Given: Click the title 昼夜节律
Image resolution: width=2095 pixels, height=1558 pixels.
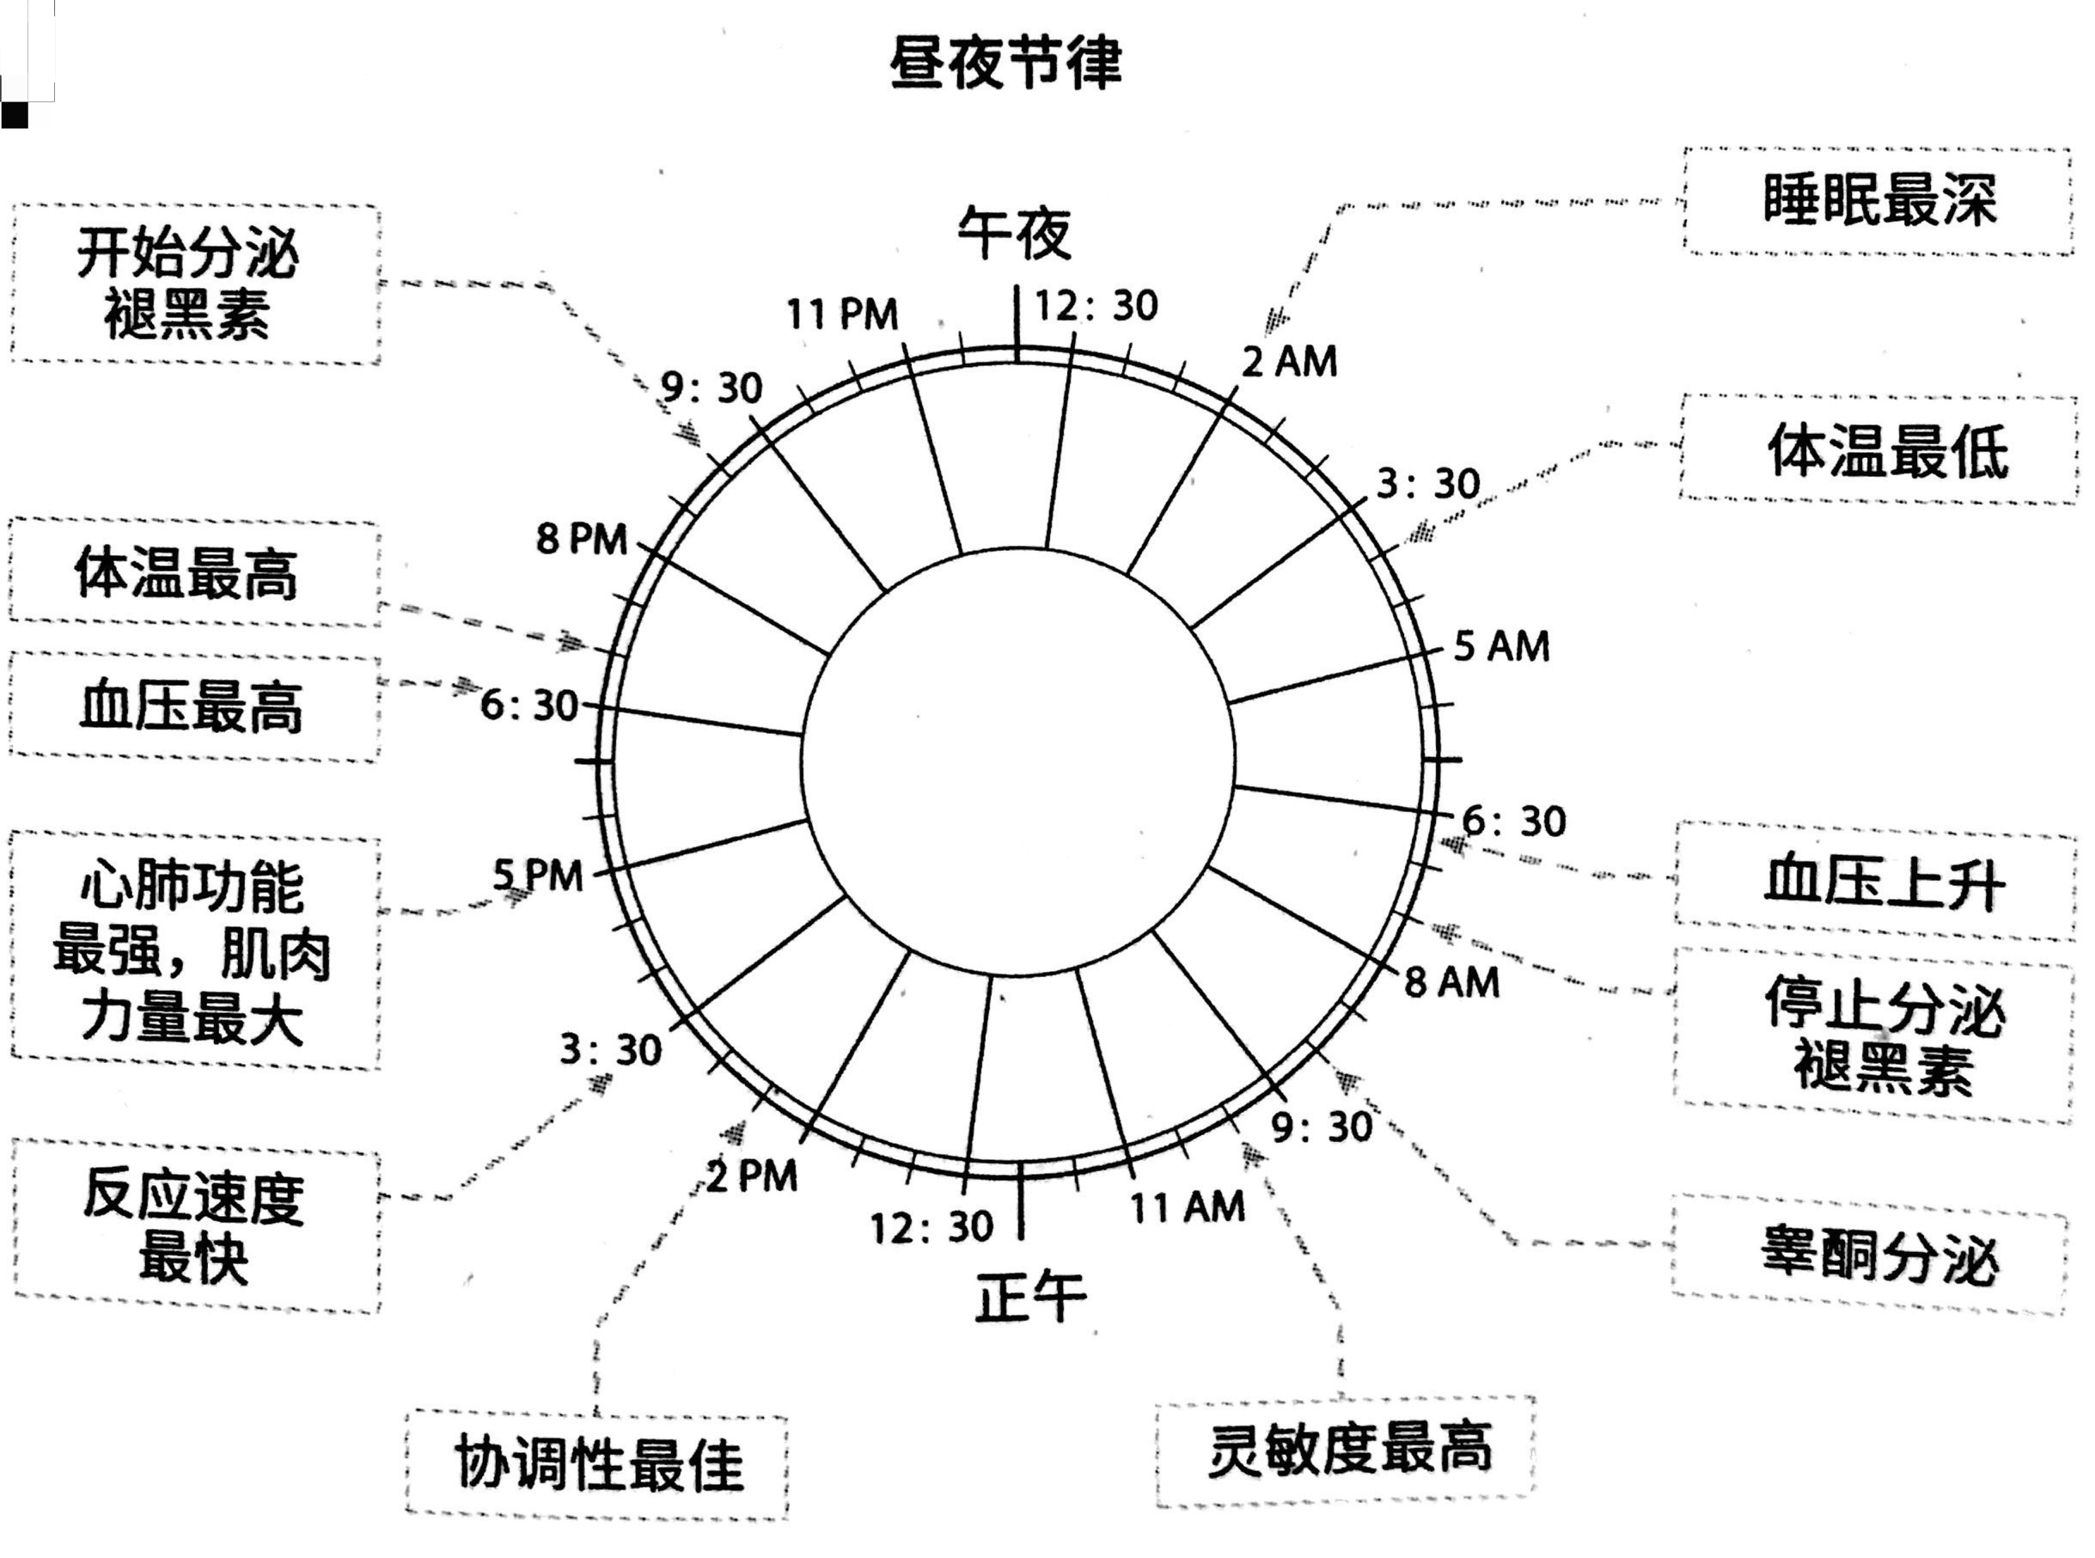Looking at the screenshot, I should pyautogui.click(x=1005, y=64).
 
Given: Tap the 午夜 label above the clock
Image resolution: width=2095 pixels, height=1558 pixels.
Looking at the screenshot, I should pyautogui.click(x=1015, y=233).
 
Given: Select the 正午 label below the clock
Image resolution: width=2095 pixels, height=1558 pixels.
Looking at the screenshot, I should pyautogui.click(x=1029, y=1297).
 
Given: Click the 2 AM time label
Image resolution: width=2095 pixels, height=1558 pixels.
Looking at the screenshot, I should pyautogui.click(x=1289, y=362).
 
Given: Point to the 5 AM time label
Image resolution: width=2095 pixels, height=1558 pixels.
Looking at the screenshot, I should pyautogui.click(x=1501, y=647).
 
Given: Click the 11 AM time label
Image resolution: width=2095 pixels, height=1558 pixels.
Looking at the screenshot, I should pyautogui.click(x=1188, y=1207).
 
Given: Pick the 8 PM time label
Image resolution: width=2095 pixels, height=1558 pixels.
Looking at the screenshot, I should pyautogui.click(x=582, y=540).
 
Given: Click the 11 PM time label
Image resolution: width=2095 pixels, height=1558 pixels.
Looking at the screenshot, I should pyautogui.click(x=842, y=314).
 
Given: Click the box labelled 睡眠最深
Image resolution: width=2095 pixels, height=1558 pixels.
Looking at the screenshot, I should pyautogui.click(x=1878, y=201).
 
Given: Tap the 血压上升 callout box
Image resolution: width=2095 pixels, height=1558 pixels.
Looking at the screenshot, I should pyautogui.click(x=1876, y=883).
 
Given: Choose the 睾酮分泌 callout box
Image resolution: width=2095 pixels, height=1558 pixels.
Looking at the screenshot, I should pyautogui.click(x=1871, y=1256).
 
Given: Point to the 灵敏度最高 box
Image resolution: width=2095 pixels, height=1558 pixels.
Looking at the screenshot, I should pyautogui.click(x=1347, y=1450).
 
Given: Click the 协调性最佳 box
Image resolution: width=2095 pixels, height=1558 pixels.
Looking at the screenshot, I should pyautogui.click(x=598, y=1463).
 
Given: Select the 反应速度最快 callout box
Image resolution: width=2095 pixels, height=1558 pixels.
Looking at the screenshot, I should pyautogui.click(x=195, y=1226).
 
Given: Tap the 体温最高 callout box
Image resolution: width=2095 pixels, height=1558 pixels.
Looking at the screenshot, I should pyautogui.click(x=193, y=572).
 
